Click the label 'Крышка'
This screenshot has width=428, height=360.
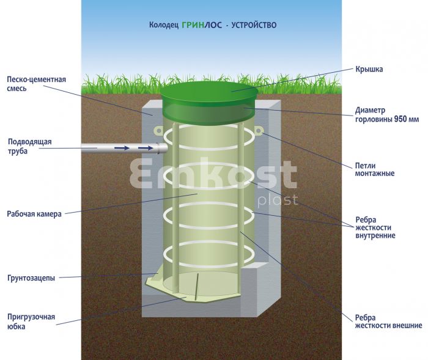point(369,69)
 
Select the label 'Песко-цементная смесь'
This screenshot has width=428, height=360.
point(36,84)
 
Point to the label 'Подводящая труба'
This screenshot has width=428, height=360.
point(29,146)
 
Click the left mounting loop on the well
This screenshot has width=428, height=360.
point(158,131)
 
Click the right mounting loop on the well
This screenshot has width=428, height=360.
point(259,131)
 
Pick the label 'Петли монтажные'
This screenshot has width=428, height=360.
point(374,169)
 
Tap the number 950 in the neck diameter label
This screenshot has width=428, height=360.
point(400,119)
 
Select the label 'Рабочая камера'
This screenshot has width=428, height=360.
point(34,214)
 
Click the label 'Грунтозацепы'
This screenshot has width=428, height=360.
point(31,278)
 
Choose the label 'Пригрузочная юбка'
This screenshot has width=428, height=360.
point(31,321)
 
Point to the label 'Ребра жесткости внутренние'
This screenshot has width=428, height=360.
point(375,227)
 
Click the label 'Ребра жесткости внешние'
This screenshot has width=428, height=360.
point(388,321)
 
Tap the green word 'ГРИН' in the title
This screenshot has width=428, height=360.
point(193,25)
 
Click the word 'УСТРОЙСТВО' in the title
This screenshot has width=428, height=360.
point(254,25)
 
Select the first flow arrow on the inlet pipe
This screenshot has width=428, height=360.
point(122,148)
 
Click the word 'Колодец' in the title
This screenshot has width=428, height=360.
point(164,25)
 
